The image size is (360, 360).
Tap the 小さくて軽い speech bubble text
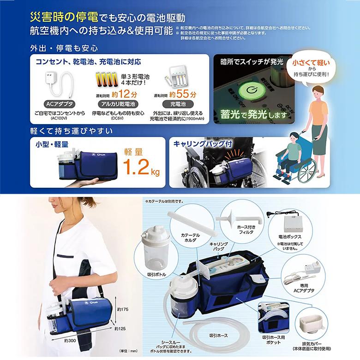314,62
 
